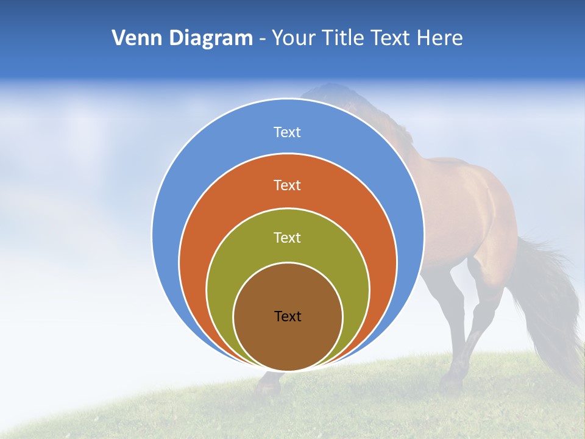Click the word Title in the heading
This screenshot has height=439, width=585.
(x=346, y=38)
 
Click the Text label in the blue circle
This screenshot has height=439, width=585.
(x=288, y=132)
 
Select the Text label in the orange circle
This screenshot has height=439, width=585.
(x=288, y=185)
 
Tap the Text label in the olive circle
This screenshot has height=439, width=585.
(x=288, y=237)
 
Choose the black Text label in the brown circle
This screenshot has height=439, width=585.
(x=288, y=316)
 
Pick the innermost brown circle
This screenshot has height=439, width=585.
(x=288, y=341)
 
